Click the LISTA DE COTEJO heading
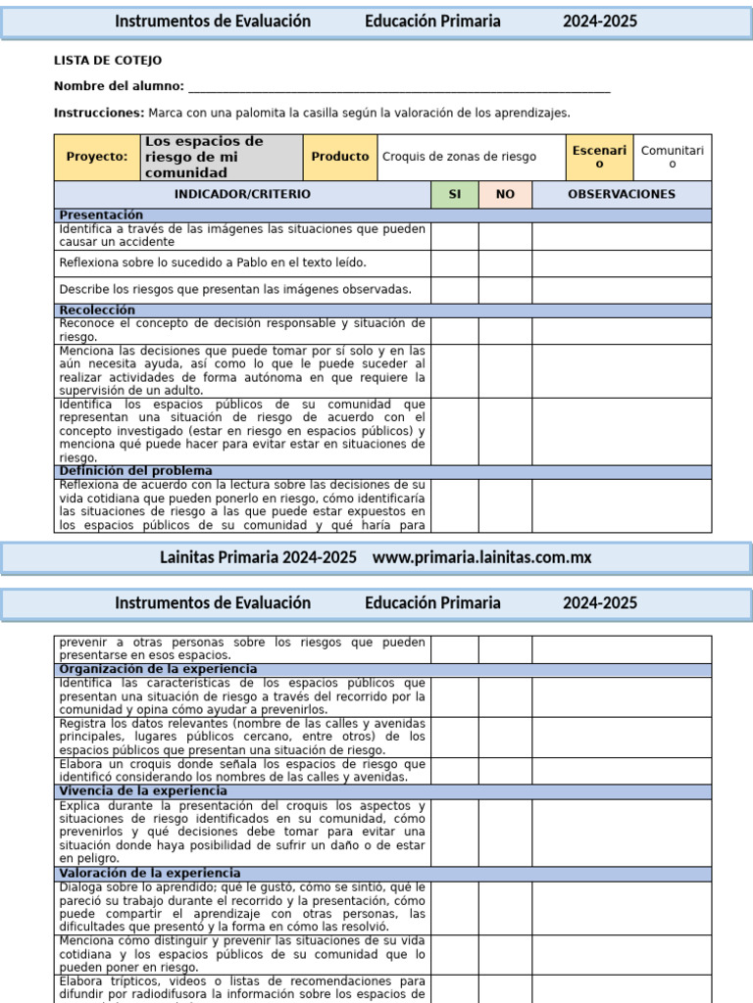point(108,61)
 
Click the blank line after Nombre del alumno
point(398,88)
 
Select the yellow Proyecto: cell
point(97,157)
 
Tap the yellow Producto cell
point(340,157)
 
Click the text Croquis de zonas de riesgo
point(459,157)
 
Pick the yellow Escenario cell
point(599,157)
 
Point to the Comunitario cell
point(672,157)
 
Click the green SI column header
point(455,194)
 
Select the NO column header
point(505,194)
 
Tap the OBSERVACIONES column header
point(622,194)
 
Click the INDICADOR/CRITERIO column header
point(242,194)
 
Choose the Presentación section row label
point(101,215)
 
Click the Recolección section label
point(97,310)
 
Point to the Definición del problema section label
point(135,471)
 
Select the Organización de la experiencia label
point(158,669)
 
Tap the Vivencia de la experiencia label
point(143,790)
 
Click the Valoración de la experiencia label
point(149,873)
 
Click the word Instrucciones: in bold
point(99,114)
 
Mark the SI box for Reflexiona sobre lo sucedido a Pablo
point(455,263)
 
